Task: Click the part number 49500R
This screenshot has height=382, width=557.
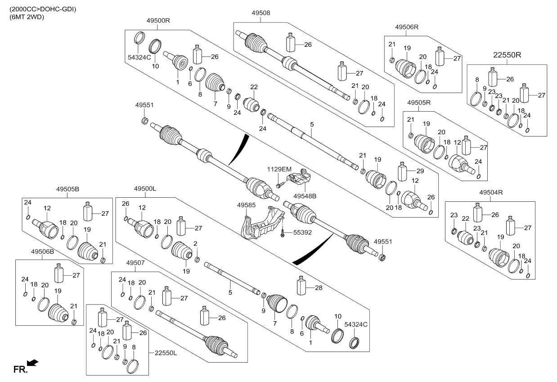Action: [x=158, y=20]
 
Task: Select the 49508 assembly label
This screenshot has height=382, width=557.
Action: [x=261, y=14]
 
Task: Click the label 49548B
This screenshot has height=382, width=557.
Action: [x=305, y=196]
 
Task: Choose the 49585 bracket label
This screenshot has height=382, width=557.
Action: [x=247, y=205]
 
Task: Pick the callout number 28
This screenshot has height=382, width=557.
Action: [x=319, y=287]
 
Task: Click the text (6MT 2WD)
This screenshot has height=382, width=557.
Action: [x=26, y=17]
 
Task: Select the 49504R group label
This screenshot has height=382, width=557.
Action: [x=490, y=192]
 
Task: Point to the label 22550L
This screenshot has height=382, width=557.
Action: [x=165, y=353]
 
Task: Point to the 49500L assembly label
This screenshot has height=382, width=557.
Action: [x=145, y=190]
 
